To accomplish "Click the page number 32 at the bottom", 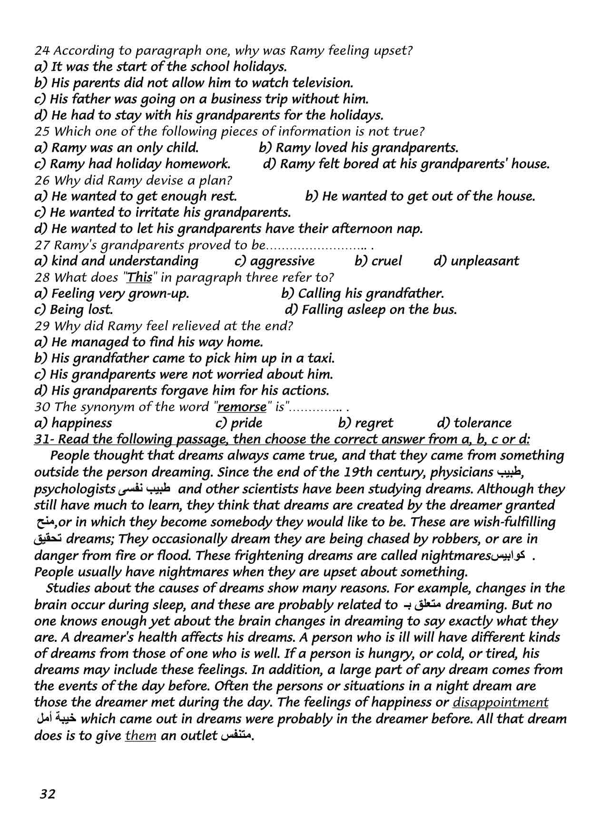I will point(48,794).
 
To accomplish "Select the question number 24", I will point(40,50).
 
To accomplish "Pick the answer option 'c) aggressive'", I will point(275,261).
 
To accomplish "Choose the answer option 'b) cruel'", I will point(378,261).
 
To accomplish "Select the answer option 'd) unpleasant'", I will point(476,261).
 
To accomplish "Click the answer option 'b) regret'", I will point(365,423).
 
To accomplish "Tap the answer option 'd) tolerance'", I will point(474,423).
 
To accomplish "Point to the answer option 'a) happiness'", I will point(73,423).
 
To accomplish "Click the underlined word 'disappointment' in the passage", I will point(501,702).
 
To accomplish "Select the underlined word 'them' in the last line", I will point(140,735).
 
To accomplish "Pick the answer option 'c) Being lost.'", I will point(74,310).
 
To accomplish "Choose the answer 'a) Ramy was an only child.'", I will point(117,147).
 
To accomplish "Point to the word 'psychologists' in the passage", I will point(74,490).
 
